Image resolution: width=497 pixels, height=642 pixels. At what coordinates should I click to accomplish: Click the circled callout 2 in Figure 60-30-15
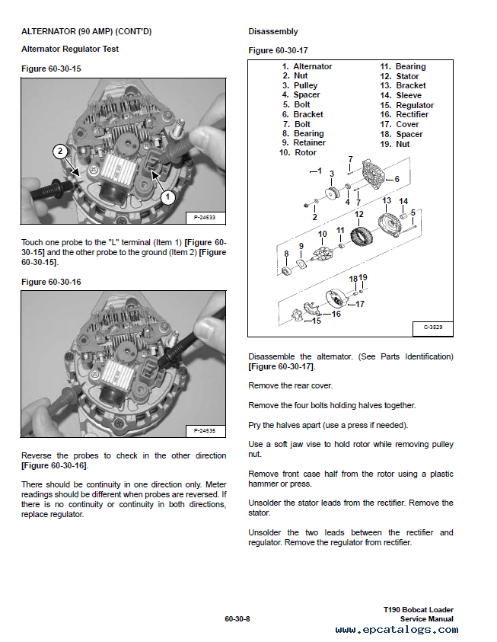point(59,152)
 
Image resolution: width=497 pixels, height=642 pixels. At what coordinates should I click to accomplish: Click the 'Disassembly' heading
point(273,32)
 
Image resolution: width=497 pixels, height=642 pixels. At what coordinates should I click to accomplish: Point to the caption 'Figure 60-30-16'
point(51,283)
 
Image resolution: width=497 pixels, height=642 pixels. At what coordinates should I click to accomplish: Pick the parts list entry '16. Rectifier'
point(404,115)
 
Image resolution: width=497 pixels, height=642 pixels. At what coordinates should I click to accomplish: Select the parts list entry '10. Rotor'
point(297,152)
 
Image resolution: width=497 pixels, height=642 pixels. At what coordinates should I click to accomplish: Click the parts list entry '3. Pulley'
point(300,86)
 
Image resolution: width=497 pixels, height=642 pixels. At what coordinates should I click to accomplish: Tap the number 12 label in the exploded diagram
point(359,215)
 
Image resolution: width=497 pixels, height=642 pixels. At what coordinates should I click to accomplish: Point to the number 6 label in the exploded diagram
point(397,179)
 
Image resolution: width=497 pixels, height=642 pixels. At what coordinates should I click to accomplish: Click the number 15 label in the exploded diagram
point(316,321)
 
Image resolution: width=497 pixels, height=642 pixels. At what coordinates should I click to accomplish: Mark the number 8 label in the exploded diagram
point(286,254)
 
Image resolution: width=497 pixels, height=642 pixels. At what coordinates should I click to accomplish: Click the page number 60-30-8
point(237,618)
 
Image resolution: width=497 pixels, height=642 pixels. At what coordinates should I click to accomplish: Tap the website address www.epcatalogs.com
point(397,631)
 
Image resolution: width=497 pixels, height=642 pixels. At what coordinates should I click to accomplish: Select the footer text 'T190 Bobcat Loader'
point(419,610)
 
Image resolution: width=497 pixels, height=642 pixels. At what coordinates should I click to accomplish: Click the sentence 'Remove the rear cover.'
point(290,386)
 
